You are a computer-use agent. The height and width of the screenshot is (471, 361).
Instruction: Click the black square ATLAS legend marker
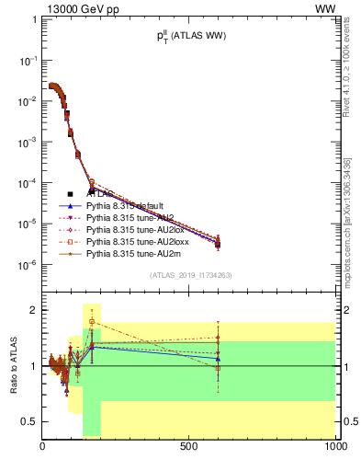[71, 194]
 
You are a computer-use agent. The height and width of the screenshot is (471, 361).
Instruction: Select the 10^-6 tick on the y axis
[27, 265]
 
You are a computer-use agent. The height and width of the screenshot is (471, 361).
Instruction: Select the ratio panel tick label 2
[34, 310]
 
